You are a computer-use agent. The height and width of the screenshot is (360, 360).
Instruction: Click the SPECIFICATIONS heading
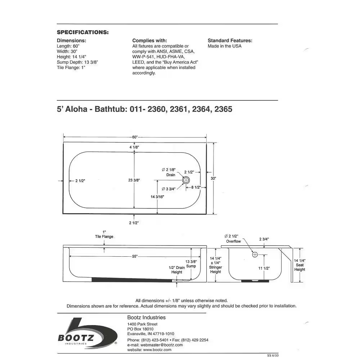click(83, 32)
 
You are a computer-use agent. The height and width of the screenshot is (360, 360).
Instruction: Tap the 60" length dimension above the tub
click(135, 137)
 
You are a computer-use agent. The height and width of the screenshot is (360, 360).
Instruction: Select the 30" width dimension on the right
click(213, 178)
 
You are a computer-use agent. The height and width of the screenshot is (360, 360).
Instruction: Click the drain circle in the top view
click(186, 180)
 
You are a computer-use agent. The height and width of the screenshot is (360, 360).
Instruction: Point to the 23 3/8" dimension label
click(134, 180)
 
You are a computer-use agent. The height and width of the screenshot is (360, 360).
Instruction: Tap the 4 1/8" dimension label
click(134, 147)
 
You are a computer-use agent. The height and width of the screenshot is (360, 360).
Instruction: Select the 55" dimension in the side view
click(135, 256)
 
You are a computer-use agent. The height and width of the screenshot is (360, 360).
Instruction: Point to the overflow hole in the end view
click(255, 255)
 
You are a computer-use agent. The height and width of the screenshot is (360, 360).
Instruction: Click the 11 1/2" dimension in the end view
click(265, 268)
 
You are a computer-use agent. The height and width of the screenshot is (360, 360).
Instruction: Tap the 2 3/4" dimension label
click(264, 239)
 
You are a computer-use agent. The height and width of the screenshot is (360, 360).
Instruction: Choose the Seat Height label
click(300, 267)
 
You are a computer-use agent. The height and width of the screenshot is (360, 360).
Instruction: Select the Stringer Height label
click(215, 269)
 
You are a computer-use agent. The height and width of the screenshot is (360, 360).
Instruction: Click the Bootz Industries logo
click(87, 333)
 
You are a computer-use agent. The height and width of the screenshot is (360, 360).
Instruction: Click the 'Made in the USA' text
click(225, 46)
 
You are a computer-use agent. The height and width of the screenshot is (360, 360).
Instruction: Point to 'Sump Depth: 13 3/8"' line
click(77, 62)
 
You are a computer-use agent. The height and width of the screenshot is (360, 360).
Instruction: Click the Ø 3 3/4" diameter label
click(168, 189)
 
